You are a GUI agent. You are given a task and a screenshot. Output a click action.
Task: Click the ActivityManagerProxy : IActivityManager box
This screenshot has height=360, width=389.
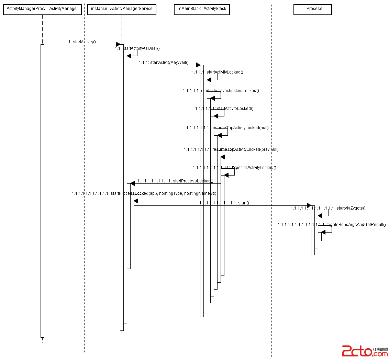42,9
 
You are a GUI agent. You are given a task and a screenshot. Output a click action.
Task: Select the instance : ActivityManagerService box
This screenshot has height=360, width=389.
122,9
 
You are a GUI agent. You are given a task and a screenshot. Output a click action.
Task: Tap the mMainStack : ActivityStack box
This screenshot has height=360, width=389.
202,9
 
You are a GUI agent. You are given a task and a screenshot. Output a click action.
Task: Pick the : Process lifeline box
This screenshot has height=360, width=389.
313,9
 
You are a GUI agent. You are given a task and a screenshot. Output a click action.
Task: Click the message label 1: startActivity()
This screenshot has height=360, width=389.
82,42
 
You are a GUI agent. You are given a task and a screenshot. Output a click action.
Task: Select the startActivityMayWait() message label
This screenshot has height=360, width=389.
164,63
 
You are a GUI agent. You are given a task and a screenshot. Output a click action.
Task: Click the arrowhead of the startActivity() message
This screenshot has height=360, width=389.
118,44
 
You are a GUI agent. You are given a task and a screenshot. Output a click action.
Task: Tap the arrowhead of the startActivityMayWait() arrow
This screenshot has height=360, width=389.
198,65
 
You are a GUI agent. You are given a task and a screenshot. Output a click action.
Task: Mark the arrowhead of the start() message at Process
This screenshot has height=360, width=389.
309,205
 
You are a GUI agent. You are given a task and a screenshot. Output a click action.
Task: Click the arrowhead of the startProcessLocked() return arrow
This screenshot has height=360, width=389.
133,183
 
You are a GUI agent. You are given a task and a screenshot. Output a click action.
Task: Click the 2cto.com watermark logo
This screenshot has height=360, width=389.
364,351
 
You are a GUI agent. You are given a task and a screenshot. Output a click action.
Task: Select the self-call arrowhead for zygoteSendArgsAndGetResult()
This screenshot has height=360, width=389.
323,233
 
